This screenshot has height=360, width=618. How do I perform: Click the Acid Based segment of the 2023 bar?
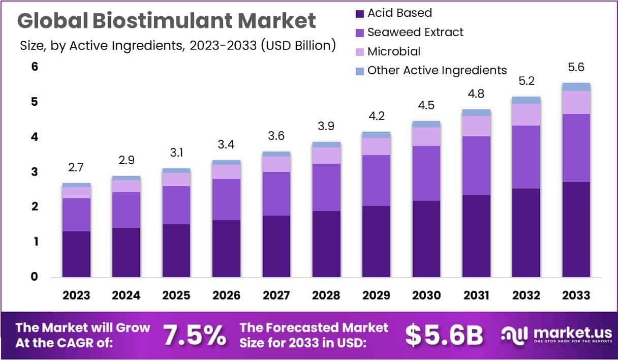[76, 254]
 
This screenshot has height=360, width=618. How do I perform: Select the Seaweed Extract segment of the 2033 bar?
[576, 147]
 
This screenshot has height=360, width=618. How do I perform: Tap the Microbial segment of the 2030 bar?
[426, 136]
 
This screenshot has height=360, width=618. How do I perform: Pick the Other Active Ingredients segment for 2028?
[326, 145]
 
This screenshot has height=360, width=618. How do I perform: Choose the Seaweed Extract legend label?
[415, 32]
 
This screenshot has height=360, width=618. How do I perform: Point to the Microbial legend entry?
[394, 51]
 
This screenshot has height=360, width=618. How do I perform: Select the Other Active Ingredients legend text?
[437, 70]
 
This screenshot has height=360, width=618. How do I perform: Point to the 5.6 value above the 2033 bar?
[576, 68]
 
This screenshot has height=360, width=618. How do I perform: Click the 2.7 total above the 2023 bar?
[76, 168]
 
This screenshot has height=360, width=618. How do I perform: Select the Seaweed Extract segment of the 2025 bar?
[176, 205]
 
